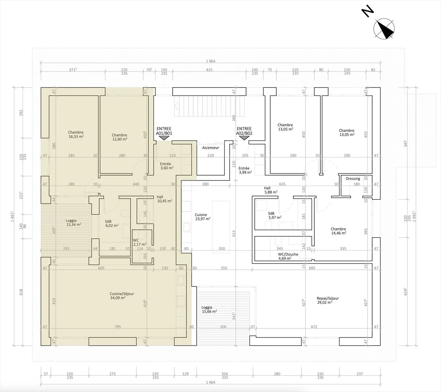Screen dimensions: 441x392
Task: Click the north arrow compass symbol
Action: [x=384, y=29]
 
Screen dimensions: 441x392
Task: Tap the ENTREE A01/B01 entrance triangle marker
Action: [x=164, y=138]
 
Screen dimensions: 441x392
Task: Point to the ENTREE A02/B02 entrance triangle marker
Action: [x=244, y=138]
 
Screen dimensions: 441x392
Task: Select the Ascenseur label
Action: [x=210, y=147]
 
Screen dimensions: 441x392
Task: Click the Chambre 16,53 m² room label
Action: [x=76, y=135]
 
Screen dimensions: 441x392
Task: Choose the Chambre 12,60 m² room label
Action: [x=119, y=137]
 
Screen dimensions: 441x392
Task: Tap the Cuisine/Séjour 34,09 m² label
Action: [x=122, y=296]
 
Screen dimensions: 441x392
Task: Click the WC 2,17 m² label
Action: [x=140, y=242]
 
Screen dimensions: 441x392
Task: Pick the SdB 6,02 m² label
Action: [x=112, y=223]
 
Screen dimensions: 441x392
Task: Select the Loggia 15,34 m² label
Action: [x=73, y=223]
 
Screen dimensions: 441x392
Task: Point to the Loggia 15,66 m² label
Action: [x=209, y=310]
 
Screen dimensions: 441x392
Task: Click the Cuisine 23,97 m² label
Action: [x=203, y=217]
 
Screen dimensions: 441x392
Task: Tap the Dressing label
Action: [x=353, y=179]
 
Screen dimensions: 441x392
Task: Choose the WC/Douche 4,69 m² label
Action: [x=288, y=256]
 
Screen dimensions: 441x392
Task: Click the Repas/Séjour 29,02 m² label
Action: [x=328, y=300]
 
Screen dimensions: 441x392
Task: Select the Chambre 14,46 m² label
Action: [x=338, y=231]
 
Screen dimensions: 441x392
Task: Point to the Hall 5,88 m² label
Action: [x=271, y=190]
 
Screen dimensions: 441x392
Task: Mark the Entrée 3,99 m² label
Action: [x=245, y=170]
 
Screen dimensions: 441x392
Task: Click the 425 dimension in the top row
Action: [x=209, y=70]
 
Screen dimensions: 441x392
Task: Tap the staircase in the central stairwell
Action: [x=209, y=106]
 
